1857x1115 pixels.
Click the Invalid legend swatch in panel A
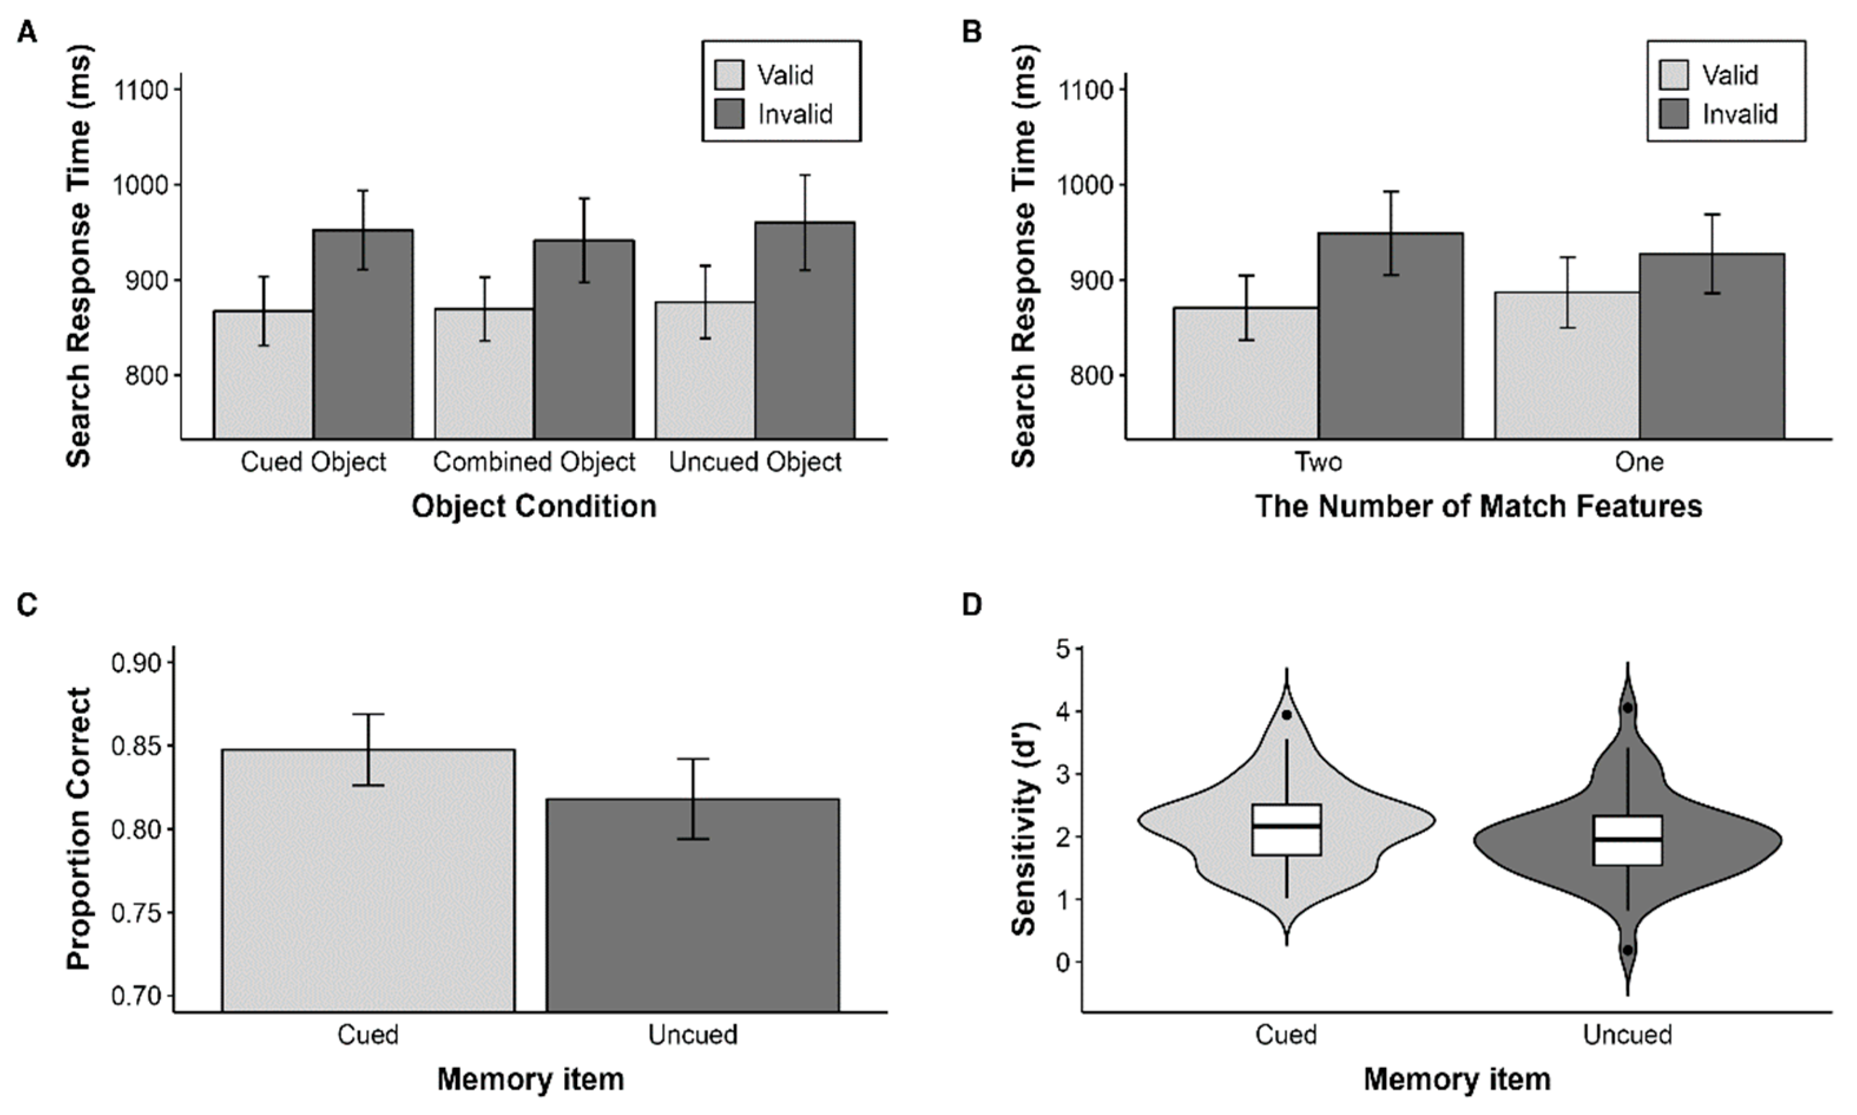(729, 114)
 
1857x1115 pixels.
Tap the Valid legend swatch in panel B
(1674, 75)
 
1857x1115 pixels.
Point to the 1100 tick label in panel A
(140, 90)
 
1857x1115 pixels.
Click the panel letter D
(971, 605)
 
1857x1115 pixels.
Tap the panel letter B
(971, 32)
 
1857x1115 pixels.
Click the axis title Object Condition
(534, 506)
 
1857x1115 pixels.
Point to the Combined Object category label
(534, 461)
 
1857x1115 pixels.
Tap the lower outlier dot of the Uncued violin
(1627, 950)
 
